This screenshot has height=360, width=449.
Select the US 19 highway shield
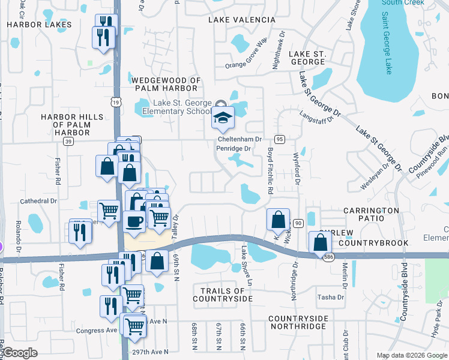point(116,103)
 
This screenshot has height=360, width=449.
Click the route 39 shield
point(68,140)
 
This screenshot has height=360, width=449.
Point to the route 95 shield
point(279,139)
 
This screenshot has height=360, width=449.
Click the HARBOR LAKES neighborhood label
point(39,25)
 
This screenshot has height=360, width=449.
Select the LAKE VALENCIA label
point(241,20)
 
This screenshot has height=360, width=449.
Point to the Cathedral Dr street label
point(38,201)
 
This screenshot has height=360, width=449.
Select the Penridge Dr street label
point(234,148)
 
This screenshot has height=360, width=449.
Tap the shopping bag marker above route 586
point(321,242)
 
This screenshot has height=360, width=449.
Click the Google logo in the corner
point(20,353)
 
